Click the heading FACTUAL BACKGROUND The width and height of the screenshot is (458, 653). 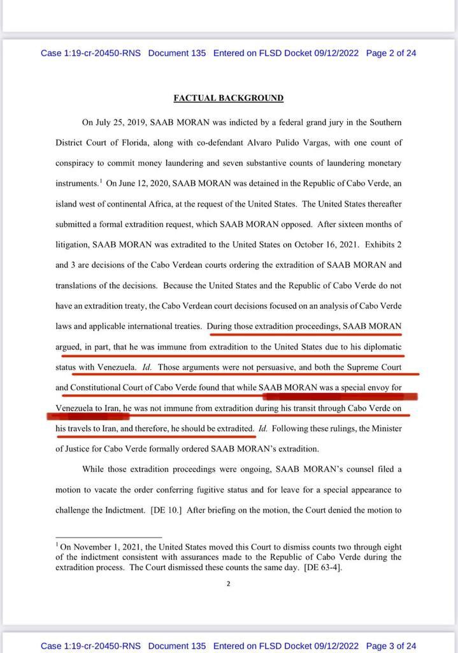coord(228,98)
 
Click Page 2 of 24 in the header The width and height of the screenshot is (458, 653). coord(391,53)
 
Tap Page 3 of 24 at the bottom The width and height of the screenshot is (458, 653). coord(391,645)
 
